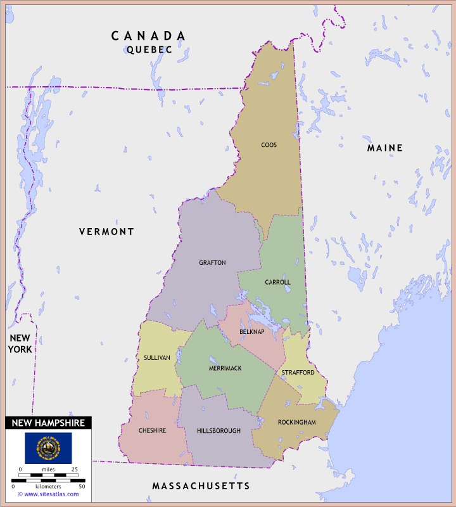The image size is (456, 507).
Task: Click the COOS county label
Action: (269, 145)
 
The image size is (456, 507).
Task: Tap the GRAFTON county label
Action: (212, 263)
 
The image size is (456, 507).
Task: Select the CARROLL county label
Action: (277, 282)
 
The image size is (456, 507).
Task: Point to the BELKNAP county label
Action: (252, 332)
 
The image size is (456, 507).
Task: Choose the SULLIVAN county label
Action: (156, 357)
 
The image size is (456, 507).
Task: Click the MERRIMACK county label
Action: (225, 368)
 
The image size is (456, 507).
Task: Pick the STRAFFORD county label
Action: (298, 373)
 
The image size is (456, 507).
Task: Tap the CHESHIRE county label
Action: (152, 431)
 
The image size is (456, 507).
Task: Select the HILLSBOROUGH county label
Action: (218, 431)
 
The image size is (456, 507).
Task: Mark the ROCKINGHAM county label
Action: (296, 422)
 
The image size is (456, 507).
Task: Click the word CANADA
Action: (149, 36)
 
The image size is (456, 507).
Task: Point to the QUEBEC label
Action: (149, 49)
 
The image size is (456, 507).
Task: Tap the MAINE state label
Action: (385, 148)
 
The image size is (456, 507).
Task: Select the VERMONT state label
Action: (106, 232)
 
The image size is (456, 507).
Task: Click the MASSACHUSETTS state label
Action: (201, 486)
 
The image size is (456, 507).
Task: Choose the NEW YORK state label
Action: (20, 343)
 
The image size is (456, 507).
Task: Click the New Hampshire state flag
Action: (48, 447)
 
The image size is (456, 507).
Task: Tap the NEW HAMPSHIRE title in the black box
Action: (48, 423)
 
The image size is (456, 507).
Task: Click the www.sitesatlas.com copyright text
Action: (48, 494)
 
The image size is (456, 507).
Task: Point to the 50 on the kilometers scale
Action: (82, 486)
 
